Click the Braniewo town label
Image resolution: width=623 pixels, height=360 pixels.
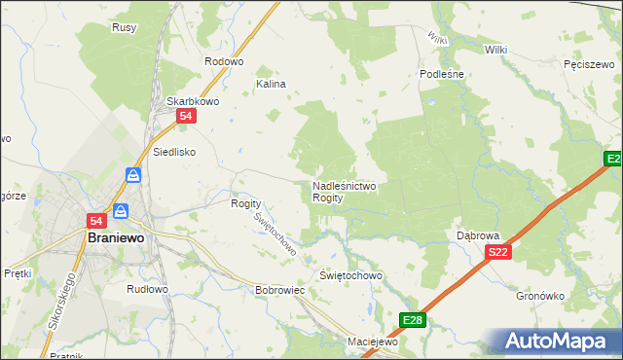116,236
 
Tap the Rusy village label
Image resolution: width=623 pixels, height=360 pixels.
124,27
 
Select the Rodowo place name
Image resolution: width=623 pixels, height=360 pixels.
223,60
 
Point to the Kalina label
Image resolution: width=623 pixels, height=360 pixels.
271,84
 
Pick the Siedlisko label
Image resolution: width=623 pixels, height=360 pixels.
175,152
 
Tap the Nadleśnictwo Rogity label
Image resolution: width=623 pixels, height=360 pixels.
344,191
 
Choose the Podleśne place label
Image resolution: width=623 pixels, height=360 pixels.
443,73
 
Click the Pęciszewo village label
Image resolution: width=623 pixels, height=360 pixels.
587,63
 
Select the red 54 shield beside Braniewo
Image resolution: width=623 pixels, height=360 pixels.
96,221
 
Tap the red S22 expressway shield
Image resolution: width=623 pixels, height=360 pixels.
498,252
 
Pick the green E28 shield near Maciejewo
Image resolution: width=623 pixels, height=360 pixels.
413,319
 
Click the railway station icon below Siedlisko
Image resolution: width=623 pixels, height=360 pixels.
134,175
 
